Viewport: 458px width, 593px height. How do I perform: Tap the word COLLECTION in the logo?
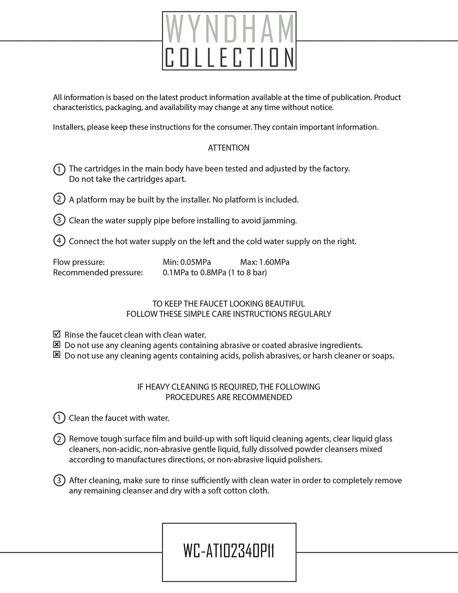tap(229, 57)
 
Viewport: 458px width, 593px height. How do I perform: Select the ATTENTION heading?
tap(229, 148)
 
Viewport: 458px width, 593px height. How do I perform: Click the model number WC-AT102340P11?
tap(229, 551)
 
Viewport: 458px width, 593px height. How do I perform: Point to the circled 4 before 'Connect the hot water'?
tap(59, 241)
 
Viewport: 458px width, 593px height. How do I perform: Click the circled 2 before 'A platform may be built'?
tap(59, 199)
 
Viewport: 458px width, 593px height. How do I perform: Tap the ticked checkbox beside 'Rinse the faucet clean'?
tap(57, 334)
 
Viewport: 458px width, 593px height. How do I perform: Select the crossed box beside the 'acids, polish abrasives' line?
tap(57, 355)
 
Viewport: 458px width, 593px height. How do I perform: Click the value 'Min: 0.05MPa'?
tap(187, 262)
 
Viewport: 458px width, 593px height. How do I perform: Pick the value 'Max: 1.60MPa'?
tap(264, 262)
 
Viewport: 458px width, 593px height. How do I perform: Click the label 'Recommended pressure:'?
tap(98, 272)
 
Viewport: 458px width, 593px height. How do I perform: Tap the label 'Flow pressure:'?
tap(79, 262)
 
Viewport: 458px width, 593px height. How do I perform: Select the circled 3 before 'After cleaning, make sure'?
tap(59, 480)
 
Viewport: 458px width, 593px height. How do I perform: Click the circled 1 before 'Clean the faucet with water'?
tap(59, 418)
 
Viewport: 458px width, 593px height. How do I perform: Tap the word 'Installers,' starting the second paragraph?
tap(69, 127)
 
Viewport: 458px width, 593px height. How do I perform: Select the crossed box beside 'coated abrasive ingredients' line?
tap(57, 344)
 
